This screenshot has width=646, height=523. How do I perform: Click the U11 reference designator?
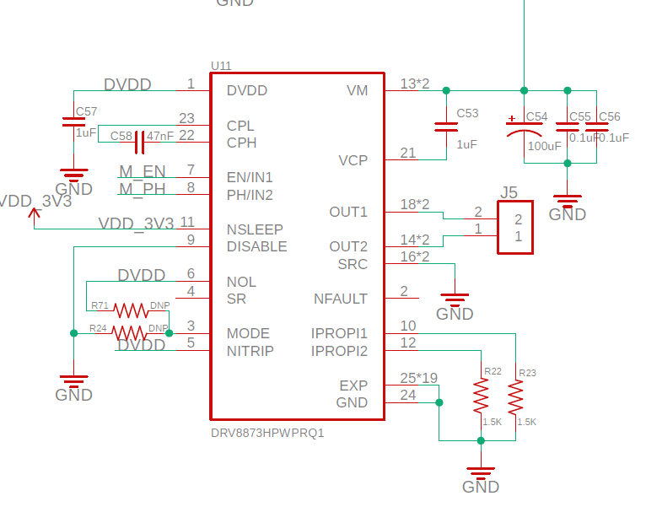[221, 66]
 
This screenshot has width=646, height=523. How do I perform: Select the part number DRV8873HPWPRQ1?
[267, 433]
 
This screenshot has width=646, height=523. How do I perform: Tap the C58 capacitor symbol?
[140, 136]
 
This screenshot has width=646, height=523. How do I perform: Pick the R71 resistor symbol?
[131, 310]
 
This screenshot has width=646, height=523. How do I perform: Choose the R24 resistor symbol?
[131, 333]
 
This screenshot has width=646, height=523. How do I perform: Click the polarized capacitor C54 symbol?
[524, 127]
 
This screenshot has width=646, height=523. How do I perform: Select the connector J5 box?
[515, 227]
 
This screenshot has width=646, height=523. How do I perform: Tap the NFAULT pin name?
[341, 299]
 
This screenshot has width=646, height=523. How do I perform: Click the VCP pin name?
[353, 160]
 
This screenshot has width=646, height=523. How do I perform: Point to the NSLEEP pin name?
[255, 229]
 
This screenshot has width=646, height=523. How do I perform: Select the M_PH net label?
[143, 189]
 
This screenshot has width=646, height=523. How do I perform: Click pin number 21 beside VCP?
[408, 153]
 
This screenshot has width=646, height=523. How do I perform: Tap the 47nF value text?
[160, 136]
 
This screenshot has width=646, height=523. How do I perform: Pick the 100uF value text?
[544, 146]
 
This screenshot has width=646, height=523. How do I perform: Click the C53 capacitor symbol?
[445, 127]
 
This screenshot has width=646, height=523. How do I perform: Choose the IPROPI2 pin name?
[339, 351]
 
